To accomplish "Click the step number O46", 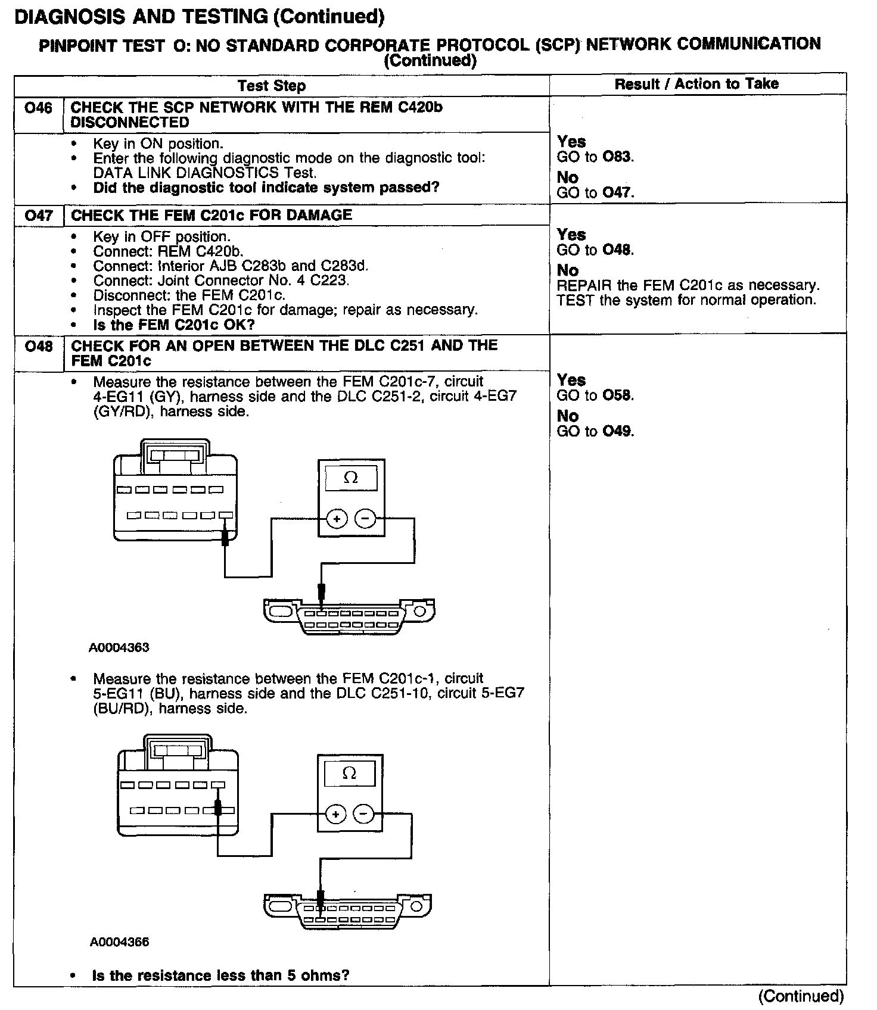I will point(38,108).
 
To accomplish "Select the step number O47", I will point(38,215).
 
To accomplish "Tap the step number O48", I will point(38,346).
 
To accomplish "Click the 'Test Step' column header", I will point(272,86).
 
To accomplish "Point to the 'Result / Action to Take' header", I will point(696,84).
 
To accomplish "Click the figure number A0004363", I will point(119,648).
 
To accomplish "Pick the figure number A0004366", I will point(119,942).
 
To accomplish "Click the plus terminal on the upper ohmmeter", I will point(337,519).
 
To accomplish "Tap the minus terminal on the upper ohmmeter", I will point(365,519).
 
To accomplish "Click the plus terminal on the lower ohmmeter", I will point(335,814).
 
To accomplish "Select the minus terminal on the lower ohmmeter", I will point(364,814).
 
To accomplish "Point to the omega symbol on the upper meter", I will point(351,478).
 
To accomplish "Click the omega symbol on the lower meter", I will point(350,774).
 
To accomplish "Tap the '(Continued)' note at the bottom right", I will point(801,996).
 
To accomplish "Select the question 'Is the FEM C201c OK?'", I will point(174,325).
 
